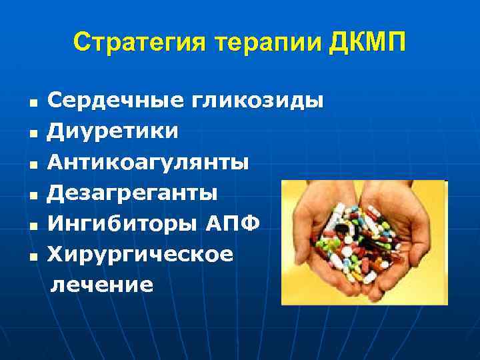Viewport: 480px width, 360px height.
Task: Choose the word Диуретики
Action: (113, 131)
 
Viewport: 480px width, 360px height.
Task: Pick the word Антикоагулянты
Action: (148, 162)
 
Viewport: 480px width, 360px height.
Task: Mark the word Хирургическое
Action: (141, 254)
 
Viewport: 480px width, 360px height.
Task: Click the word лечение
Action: (103, 285)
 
